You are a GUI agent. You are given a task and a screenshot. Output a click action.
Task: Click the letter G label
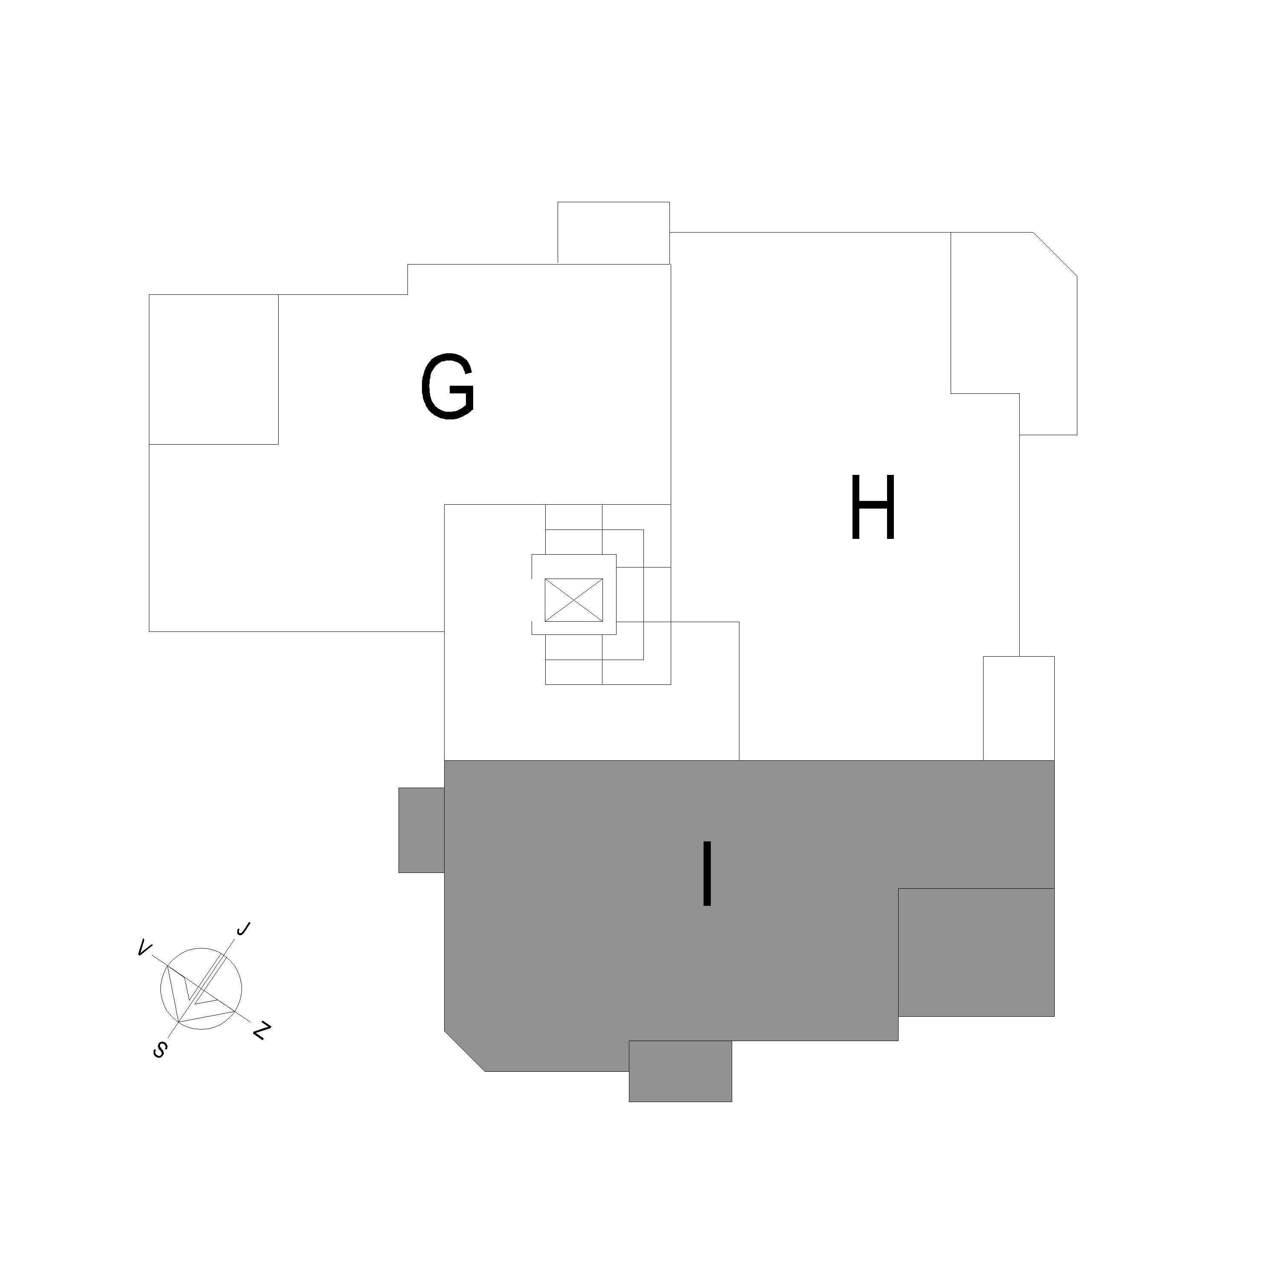[x=448, y=386]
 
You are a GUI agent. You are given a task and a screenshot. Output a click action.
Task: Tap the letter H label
[x=873, y=507]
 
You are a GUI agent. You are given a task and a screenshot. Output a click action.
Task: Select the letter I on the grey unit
[x=707, y=873]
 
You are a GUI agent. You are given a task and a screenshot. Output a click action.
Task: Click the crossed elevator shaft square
[x=574, y=600]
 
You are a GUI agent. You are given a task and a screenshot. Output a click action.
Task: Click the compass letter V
[x=143, y=949]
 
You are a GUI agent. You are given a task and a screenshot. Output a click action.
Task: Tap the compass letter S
[x=159, y=1049]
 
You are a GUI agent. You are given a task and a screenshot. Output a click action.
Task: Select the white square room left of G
[x=213, y=369]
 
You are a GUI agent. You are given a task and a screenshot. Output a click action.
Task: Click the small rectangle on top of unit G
[x=614, y=233]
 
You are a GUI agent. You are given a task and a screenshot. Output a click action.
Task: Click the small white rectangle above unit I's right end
[x=1018, y=708]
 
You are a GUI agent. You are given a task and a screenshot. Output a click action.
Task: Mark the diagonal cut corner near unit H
[x=1055, y=254]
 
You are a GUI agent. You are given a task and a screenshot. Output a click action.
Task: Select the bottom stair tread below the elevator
[x=574, y=672]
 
